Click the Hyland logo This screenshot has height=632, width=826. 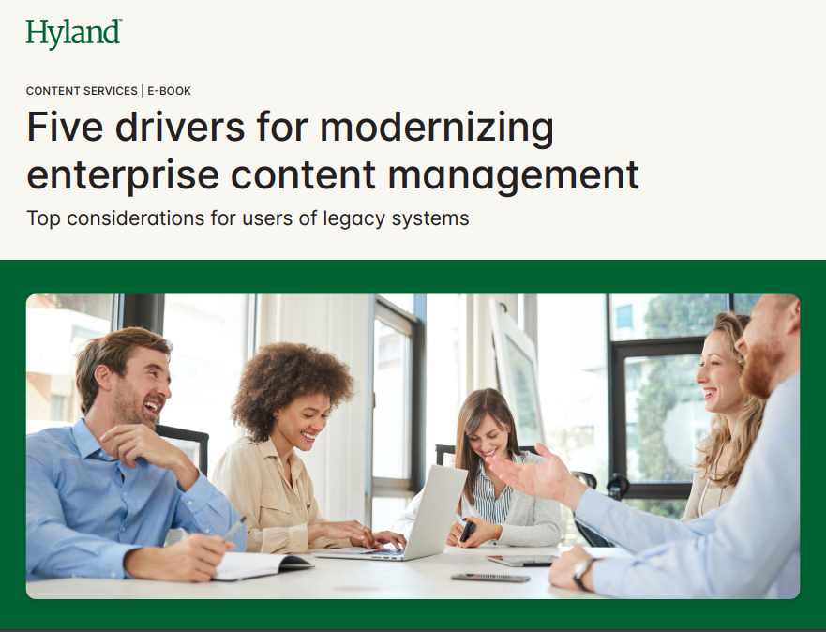[73, 34]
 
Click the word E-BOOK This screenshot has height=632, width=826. [169, 91]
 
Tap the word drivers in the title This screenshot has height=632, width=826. [172, 128]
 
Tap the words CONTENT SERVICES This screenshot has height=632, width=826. [82, 91]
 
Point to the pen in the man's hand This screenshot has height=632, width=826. [232, 530]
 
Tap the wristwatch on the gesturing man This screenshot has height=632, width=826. [582, 571]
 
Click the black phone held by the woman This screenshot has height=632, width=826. [467, 531]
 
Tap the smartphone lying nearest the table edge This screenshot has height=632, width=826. [488, 578]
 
